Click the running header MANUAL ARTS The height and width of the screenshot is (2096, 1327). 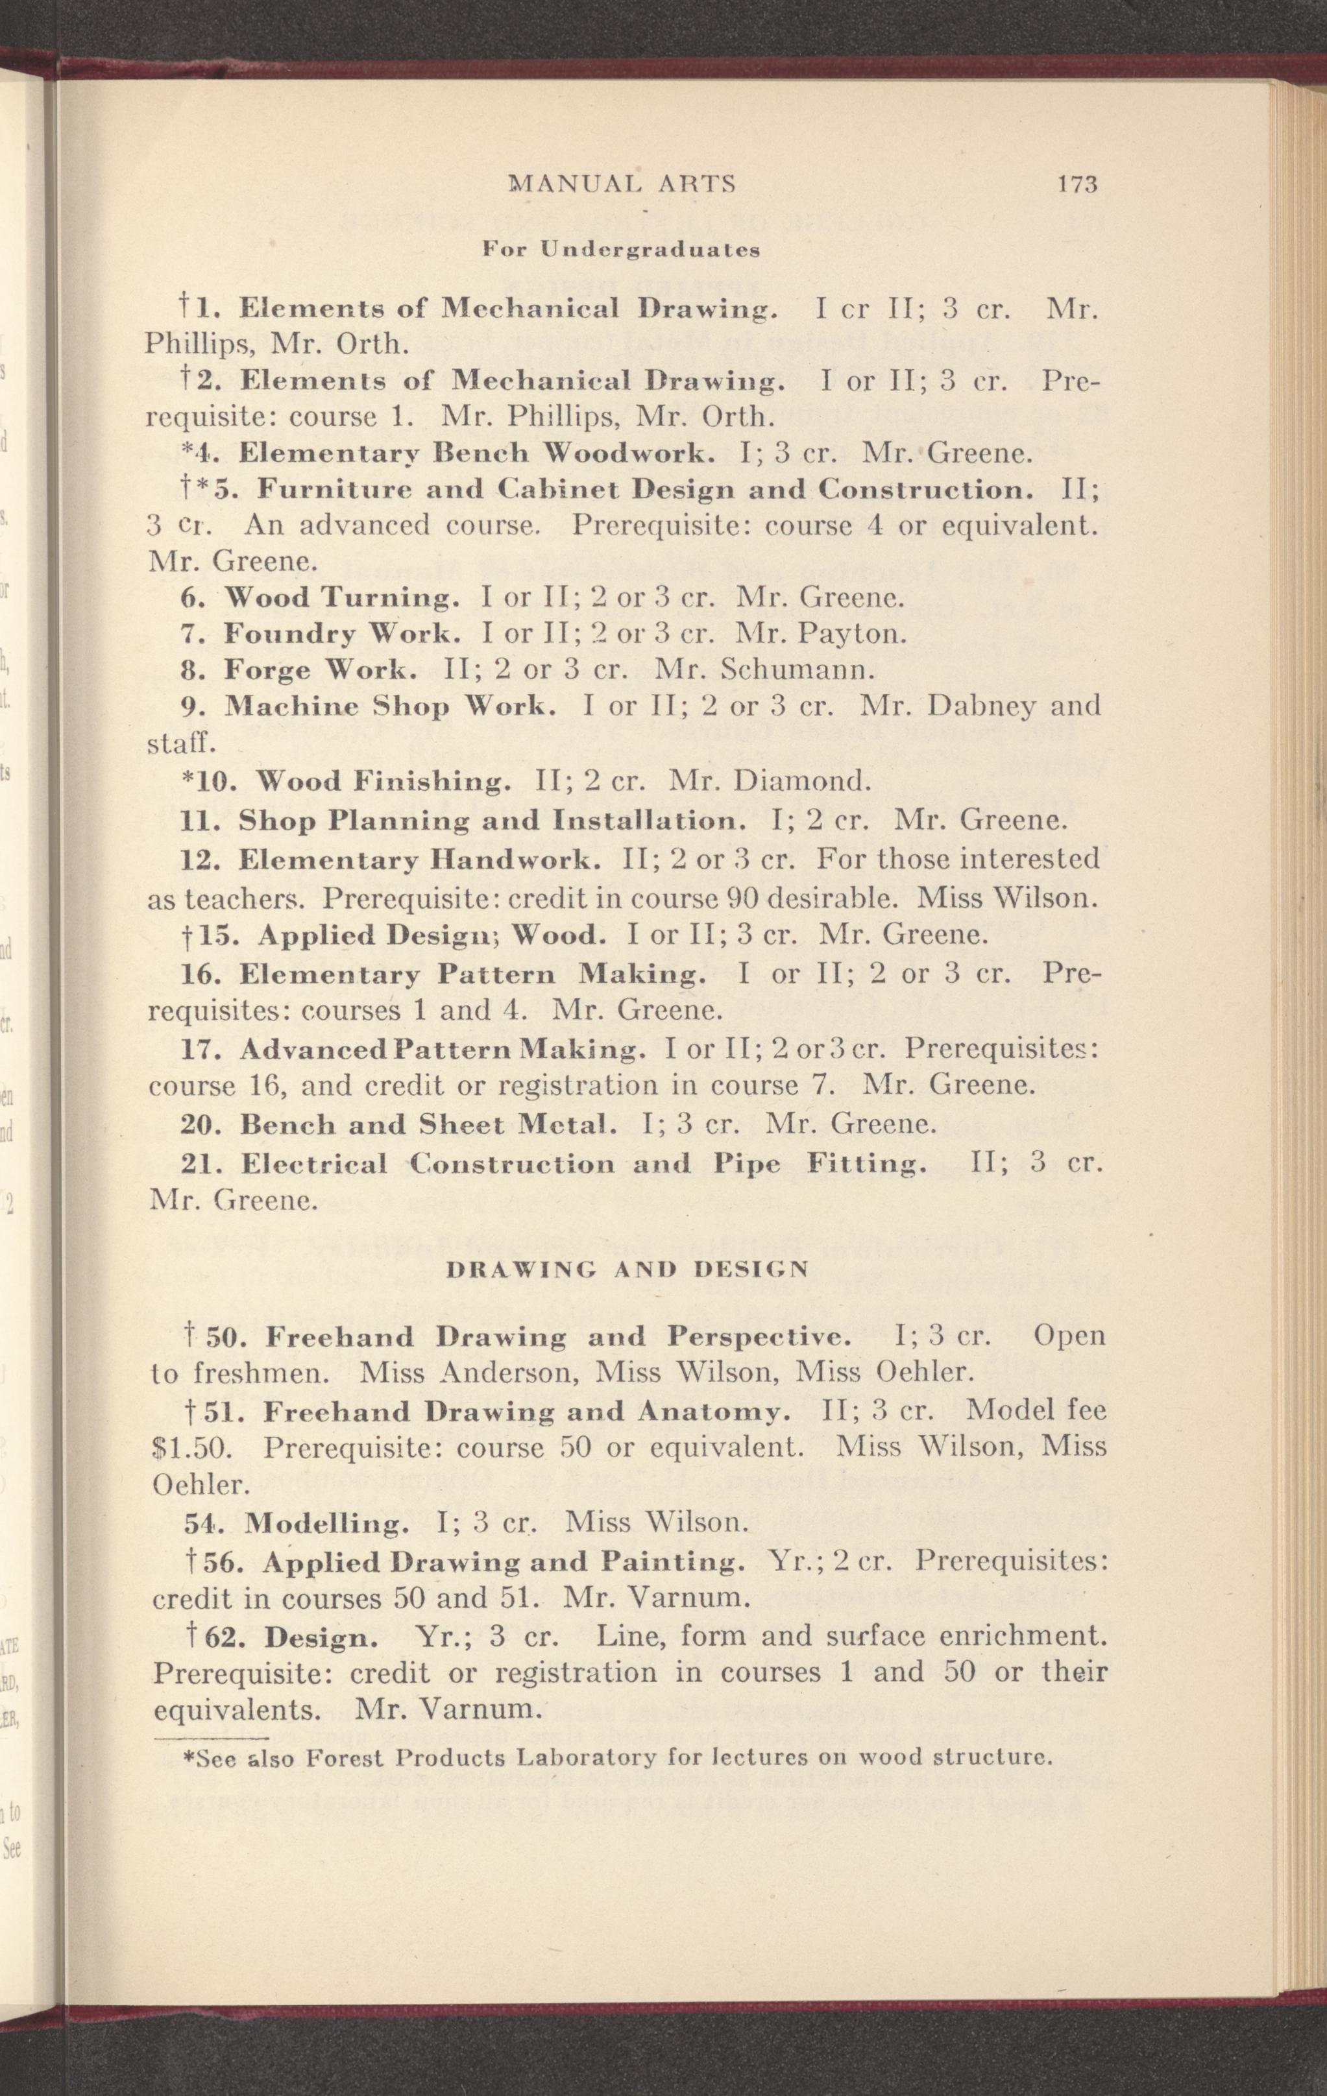[622, 184]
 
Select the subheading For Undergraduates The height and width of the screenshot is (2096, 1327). [622, 250]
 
